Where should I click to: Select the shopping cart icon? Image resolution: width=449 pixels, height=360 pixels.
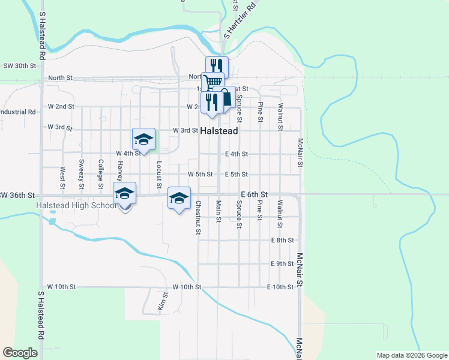click(212, 80)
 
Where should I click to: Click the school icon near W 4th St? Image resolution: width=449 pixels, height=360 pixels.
click(143, 140)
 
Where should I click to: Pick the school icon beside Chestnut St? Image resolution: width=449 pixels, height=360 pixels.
click(178, 199)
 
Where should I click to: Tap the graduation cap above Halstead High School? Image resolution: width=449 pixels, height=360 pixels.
click(124, 194)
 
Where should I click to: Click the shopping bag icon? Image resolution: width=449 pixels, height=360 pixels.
click(226, 98)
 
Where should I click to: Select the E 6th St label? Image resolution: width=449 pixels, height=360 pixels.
click(254, 195)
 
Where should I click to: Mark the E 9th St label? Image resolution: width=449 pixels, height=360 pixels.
click(282, 263)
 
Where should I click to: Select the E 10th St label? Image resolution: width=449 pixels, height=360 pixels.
click(280, 287)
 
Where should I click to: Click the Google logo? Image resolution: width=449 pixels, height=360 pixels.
click(20, 353)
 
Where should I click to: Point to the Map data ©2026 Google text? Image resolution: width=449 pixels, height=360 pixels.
click(411, 355)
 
